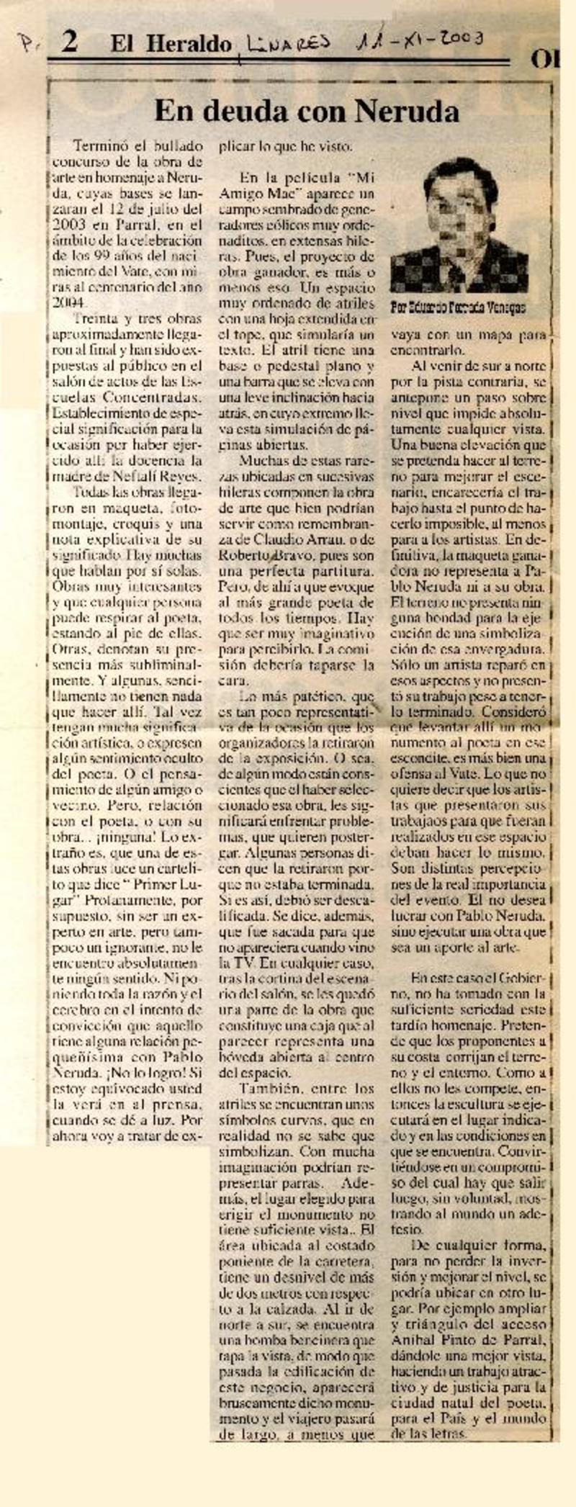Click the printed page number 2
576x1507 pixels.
(x=69, y=43)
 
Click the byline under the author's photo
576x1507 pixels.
(x=457, y=307)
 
